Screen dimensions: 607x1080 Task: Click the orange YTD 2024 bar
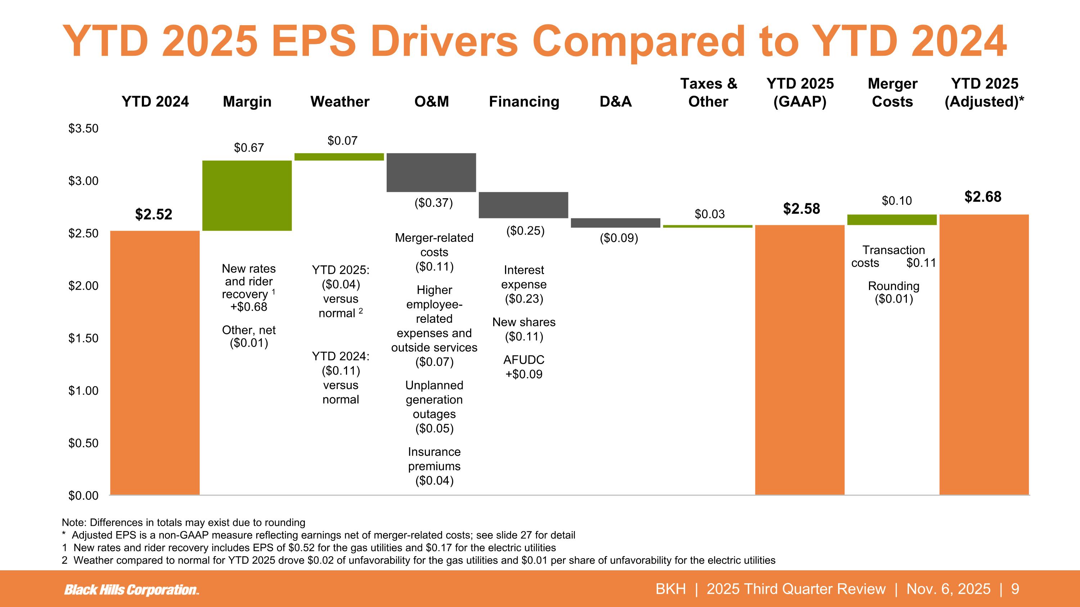coord(155,362)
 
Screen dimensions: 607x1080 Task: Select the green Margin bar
coord(247,195)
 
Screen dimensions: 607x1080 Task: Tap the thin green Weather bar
coord(339,157)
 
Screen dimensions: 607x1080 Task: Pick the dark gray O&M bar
coord(431,172)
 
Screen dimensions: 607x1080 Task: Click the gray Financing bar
coord(523,205)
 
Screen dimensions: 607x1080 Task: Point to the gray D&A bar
coord(616,223)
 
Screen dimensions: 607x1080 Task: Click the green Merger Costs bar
coord(892,219)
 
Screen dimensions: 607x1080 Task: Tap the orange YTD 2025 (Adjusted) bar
coord(984,354)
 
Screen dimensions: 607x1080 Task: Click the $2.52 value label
coord(153,214)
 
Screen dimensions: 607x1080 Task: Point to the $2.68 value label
coord(983,197)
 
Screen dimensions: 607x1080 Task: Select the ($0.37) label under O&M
coord(433,203)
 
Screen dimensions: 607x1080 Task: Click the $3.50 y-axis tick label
coord(84,128)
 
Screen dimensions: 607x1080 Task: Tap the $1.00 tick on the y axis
coord(84,391)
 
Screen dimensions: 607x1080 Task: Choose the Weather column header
coord(339,102)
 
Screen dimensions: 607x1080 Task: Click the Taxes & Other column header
coord(708,92)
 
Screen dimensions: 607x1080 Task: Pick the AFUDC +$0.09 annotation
coord(524,367)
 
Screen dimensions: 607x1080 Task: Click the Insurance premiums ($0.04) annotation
coord(434,466)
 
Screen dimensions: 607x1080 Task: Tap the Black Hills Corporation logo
coord(132,589)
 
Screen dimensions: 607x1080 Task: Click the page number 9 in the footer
coord(1015,589)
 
